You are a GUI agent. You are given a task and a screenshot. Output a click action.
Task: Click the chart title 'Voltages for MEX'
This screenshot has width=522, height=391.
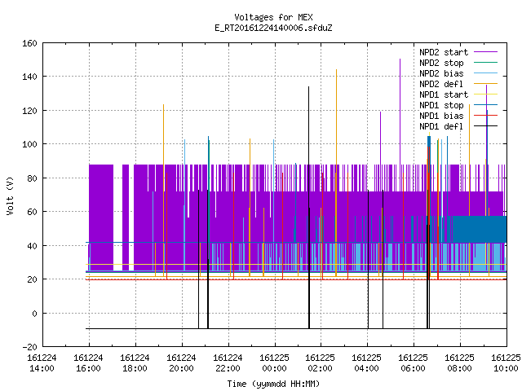[273, 17]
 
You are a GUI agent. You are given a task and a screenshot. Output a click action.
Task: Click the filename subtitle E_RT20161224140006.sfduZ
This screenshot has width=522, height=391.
[273, 28]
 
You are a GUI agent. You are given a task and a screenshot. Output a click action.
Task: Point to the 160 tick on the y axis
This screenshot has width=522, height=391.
[29, 43]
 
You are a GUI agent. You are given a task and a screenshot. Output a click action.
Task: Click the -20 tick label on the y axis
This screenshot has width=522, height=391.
[29, 347]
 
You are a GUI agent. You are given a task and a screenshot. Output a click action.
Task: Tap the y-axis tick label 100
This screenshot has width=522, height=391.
[29, 144]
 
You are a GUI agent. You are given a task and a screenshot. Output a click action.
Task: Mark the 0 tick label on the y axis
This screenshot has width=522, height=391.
[34, 313]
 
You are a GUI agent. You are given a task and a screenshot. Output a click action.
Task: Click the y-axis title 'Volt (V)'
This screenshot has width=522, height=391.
[10, 195]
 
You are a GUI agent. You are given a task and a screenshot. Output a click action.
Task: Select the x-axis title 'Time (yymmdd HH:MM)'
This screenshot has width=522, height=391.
[273, 384]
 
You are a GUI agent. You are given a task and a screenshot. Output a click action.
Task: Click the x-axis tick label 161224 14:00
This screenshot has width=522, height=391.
[42, 362]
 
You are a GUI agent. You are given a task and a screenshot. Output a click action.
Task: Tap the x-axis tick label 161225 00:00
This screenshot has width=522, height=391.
[274, 362]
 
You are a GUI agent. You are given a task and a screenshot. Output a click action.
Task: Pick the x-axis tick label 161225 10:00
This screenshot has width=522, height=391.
[506, 362]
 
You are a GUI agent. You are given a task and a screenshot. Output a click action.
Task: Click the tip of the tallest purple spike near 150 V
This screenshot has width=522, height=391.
[400, 59]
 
